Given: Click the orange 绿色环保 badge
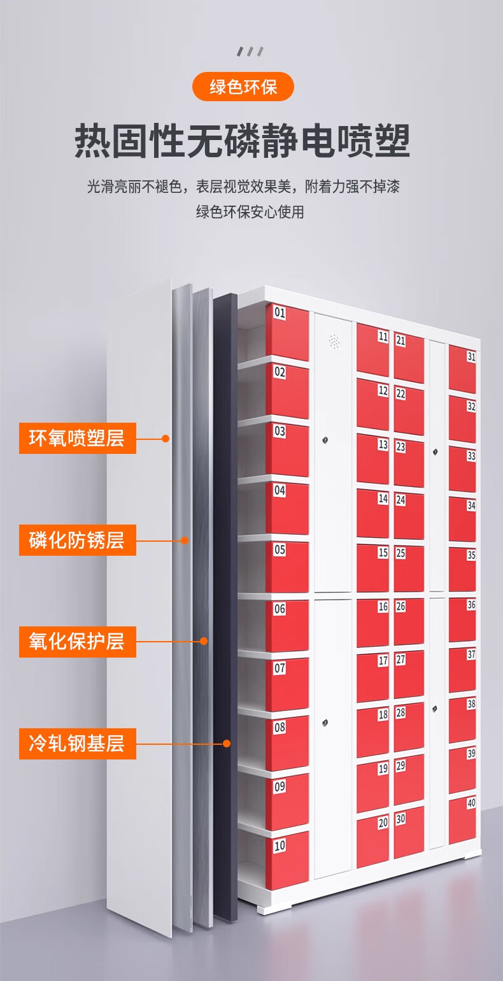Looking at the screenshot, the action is [243, 87].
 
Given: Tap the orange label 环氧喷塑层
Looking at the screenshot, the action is [77, 438].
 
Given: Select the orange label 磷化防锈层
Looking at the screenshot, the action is [77, 540].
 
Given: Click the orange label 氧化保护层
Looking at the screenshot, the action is [77, 641].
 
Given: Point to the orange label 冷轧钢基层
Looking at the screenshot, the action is [77, 743].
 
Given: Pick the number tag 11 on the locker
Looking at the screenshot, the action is [383, 337].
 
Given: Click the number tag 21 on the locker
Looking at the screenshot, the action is [400, 340].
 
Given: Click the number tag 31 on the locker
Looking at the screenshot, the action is [471, 356].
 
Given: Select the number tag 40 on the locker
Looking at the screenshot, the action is [471, 803].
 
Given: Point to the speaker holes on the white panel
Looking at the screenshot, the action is [333, 341].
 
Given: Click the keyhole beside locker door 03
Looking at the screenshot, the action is [326, 440].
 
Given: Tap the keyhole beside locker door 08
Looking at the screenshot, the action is [326, 723].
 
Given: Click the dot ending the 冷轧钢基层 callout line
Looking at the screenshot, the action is [226, 743].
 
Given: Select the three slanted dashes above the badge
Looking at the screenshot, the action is [250, 52].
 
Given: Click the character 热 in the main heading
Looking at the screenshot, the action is [93, 141].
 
